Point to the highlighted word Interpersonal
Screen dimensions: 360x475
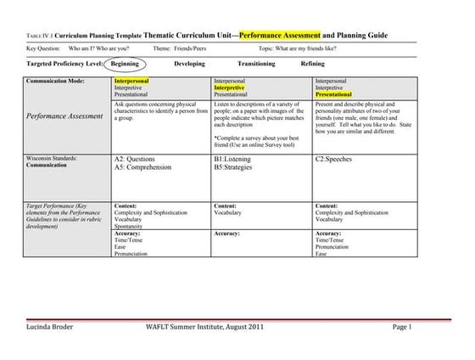[x=132, y=81]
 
